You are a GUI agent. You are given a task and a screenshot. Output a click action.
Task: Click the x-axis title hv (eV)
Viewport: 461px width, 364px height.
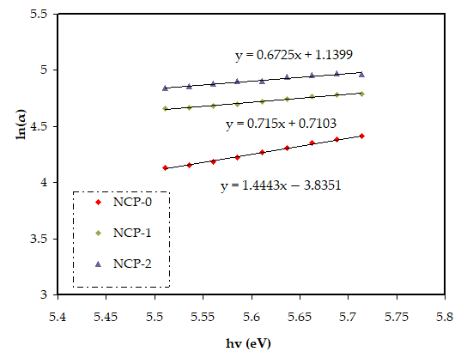point(249,343)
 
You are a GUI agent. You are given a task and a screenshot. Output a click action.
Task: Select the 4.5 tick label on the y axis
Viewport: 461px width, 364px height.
point(39,126)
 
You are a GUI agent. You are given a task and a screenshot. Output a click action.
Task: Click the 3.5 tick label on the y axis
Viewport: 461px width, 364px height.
point(39,239)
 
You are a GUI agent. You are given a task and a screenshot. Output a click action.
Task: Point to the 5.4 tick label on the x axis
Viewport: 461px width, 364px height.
point(58,317)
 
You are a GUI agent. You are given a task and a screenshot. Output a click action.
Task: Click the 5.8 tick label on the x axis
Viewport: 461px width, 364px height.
point(444,317)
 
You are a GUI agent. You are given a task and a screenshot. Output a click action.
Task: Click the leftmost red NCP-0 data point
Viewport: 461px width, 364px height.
point(165,167)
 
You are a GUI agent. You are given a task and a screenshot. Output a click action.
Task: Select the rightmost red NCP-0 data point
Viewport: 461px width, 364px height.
point(361,136)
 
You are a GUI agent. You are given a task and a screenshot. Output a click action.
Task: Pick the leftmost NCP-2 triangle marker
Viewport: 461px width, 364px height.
point(165,88)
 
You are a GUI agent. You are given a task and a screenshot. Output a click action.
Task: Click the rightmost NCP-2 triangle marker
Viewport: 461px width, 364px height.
point(361,74)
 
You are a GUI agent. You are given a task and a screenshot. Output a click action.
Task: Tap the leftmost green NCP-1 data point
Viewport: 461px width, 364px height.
point(165,108)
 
